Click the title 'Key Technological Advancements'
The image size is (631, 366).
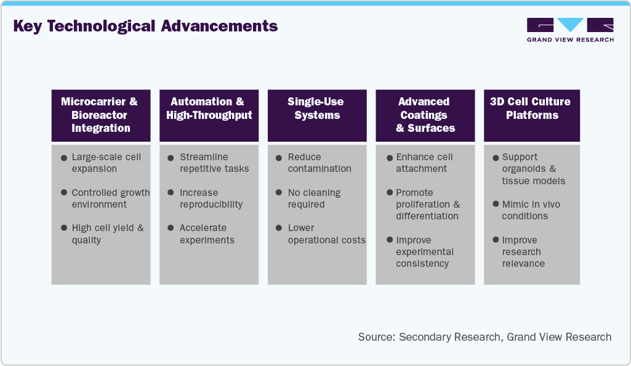(x=145, y=26)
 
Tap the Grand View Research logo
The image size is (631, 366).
(x=570, y=30)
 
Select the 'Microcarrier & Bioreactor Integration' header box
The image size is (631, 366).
(x=100, y=115)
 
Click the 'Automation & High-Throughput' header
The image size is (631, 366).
(x=209, y=108)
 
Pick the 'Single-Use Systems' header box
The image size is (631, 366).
(x=317, y=108)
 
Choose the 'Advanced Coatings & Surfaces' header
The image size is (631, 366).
(x=425, y=115)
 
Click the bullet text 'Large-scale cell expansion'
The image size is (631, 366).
(x=106, y=163)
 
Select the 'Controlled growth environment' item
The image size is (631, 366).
(x=110, y=198)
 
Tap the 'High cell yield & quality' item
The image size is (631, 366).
(x=107, y=234)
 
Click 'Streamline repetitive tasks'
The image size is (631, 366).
(x=214, y=163)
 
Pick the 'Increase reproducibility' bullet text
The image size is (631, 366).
(x=211, y=198)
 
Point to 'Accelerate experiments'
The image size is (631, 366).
(x=207, y=234)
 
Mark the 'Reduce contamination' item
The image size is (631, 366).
(x=320, y=163)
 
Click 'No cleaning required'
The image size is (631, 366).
(x=313, y=198)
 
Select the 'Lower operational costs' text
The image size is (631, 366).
(x=326, y=234)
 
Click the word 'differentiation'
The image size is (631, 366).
(x=427, y=216)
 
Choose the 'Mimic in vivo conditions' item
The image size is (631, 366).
(x=531, y=210)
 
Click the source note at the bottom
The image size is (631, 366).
(x=484, y=337)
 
